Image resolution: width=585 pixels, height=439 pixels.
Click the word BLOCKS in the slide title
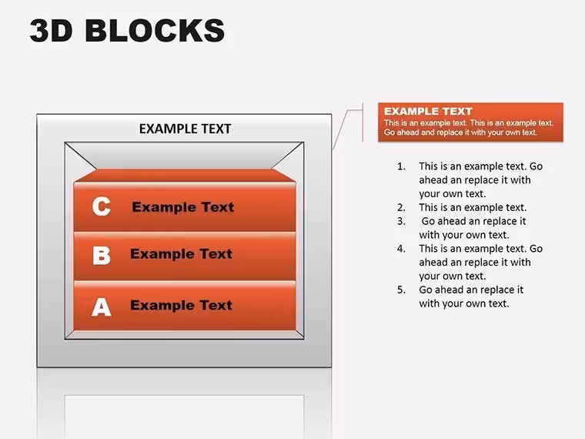(155, 30)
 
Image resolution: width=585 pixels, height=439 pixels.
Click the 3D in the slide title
(51, 30)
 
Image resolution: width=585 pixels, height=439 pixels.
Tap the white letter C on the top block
(102, 206)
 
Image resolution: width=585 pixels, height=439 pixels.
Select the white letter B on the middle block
(102, 256)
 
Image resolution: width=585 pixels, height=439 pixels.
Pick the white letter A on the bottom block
(102, 307)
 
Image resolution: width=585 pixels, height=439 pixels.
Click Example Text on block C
(183, 207)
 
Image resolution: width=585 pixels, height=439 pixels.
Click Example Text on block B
(182, 254)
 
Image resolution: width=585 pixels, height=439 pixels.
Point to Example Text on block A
(182, 305)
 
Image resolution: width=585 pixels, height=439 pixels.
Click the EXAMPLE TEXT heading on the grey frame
(185, 129)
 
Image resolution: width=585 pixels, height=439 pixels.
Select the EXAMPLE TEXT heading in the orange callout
(428, 111)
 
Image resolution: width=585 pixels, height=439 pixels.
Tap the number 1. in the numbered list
(402, 166)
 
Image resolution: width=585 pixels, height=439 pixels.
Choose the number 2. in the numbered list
(402, 207)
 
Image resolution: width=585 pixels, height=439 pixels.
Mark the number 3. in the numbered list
(402, 221)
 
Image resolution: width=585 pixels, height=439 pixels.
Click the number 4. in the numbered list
(402, 249)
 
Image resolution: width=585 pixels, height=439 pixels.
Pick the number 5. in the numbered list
(402, 290)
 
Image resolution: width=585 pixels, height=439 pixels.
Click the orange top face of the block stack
(185, 176)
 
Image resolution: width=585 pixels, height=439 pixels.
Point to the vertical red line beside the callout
(363, 122)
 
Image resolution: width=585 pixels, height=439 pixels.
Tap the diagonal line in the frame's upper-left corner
(81, 156)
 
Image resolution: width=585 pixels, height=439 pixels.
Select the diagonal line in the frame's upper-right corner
(288, 156)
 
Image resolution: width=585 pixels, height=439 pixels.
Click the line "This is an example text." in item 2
(473, 207)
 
